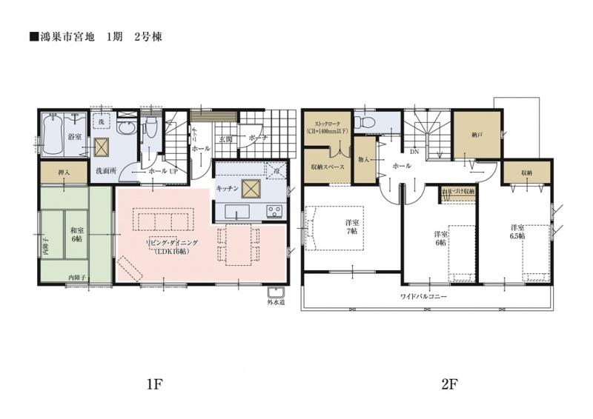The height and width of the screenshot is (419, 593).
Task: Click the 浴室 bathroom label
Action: (x=74, y=137)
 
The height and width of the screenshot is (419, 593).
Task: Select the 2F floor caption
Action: (x=429, y=385)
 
